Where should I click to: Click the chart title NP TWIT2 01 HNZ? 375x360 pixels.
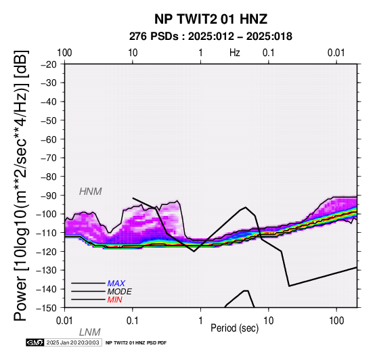211,19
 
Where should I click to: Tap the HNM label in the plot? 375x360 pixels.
91,192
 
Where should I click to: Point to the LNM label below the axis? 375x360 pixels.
89,332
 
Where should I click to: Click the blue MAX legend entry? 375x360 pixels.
116,284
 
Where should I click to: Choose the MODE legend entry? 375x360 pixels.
119,292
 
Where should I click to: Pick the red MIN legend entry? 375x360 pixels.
114,300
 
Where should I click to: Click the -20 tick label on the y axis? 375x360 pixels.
49,64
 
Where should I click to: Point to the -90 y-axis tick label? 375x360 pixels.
49,196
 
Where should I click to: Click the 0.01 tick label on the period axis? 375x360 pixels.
64,321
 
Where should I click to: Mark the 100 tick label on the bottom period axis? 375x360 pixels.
336,321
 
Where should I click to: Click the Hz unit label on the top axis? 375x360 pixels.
235,53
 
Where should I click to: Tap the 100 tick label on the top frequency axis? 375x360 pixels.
64,53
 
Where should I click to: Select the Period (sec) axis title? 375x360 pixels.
235,328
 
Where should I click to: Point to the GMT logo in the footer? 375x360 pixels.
35,342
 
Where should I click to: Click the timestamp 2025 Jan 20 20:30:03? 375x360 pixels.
72,342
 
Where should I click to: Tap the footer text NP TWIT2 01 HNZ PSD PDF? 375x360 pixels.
136,343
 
